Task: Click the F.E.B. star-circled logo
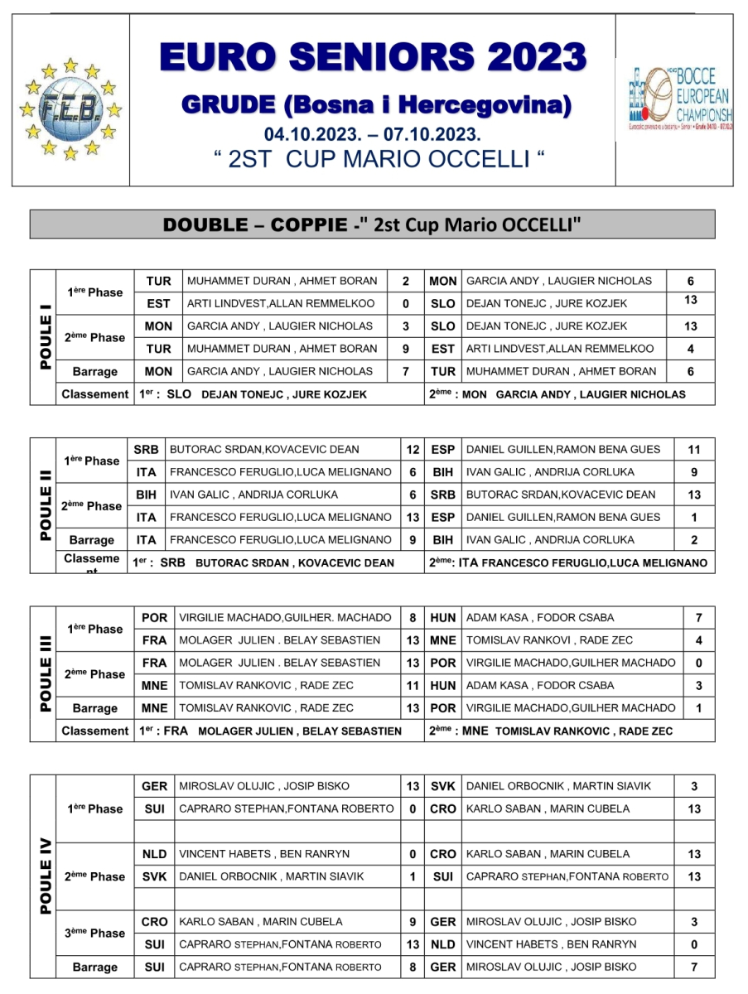click(70, 108)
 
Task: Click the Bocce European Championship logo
click(674, 100)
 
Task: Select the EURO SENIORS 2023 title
click(373, 57)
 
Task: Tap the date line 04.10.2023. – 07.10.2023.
click(373, 134)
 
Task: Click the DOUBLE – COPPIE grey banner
click(373, 225)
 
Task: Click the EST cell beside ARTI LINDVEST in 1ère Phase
click(158, 304)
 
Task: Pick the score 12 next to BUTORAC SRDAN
click(413, 450)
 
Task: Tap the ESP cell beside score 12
click(443, 450)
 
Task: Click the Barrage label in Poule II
click(92, 540)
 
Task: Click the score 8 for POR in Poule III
click(413, 618)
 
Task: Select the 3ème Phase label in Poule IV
click(95, 933)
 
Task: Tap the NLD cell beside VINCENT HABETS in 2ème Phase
click(155, 854)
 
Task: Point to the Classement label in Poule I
click(95, 394)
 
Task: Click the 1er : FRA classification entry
click(270, 731)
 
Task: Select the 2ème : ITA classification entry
click(567, 563)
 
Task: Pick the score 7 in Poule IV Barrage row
click(694, 967)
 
